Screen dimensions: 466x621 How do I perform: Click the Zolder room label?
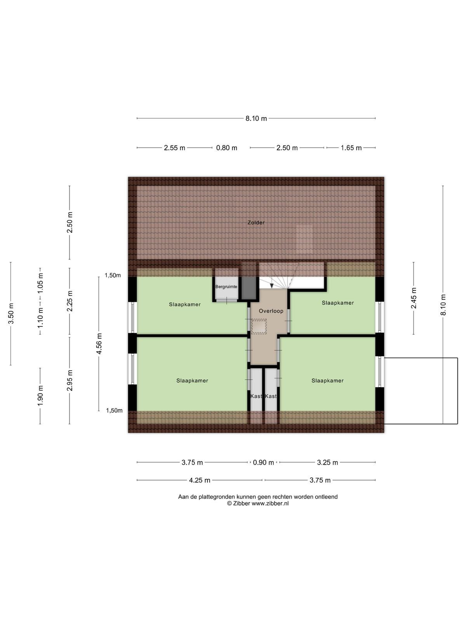(256, 222)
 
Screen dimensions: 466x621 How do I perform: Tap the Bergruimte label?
(226, 286)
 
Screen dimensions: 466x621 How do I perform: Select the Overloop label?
(271, 311)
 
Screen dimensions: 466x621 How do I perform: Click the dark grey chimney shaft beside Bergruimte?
(249, 288)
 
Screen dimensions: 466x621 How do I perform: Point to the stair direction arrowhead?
(271, 286)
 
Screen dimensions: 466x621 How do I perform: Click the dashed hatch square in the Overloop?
(259, 326)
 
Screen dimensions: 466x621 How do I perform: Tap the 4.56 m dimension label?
(99, 343)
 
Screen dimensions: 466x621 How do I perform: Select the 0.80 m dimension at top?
(227, 148)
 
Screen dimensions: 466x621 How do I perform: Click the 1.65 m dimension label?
(351, 148)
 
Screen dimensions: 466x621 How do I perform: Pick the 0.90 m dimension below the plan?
(263, 463)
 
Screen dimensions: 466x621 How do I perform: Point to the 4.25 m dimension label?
(200, 480)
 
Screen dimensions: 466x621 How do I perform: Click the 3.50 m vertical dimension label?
(11, 314)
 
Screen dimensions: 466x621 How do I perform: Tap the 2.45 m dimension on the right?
(414, 298)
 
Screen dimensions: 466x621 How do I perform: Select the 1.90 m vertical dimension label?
(40, 395)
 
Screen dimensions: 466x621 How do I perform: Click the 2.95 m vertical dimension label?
(70, 380)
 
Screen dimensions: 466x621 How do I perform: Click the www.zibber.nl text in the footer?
(270, 503)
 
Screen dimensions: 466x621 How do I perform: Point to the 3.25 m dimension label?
(327, 463)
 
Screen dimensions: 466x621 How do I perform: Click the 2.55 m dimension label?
(174, 148)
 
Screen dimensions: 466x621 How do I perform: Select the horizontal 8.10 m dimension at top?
(256, 118)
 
